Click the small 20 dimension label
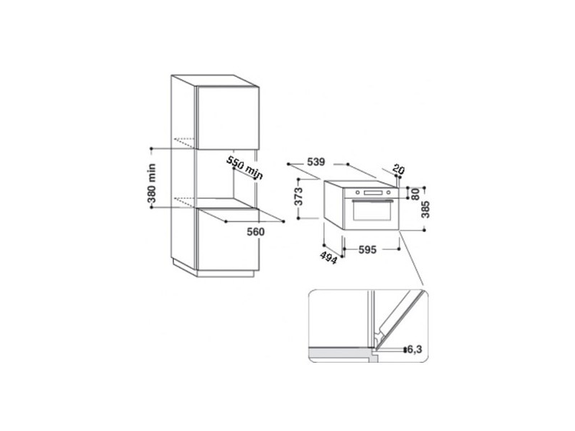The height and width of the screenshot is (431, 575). click(400, 170)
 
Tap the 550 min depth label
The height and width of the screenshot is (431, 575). click(244, 166)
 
